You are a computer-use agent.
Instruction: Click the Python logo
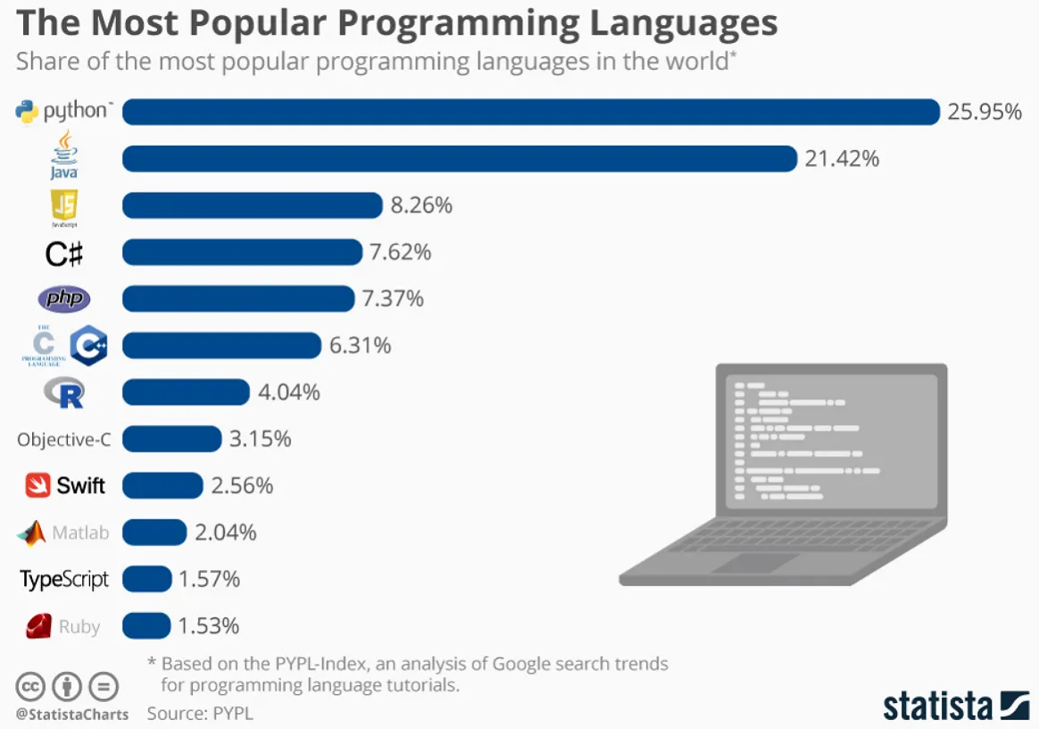click(x=29, y=112)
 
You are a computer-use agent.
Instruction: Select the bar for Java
click(x=459, y=159)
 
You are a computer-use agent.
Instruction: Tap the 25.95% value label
click(x=985, y=113)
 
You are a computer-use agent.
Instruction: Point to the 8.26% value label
click(x=421, y=205)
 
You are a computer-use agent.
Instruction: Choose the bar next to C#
click(x=242, y=253)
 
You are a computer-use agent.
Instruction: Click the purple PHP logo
click(x=64, y=299)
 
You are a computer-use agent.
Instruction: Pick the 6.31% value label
click(x=361, y=346)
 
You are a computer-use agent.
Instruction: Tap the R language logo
click(x=64, y=393)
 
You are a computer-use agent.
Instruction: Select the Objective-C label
click(x=63, y=440)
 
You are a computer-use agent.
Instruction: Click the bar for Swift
click(x=162, y=486)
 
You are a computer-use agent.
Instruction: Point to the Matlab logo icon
click(x=31, y=533)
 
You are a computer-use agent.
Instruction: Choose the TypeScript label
click(x=64, y=580)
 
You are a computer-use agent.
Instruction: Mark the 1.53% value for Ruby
click(x=209, y=626)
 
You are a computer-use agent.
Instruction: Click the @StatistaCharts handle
click(x=71, y=714)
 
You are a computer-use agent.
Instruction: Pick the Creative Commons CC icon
click(x=29, y=687)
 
